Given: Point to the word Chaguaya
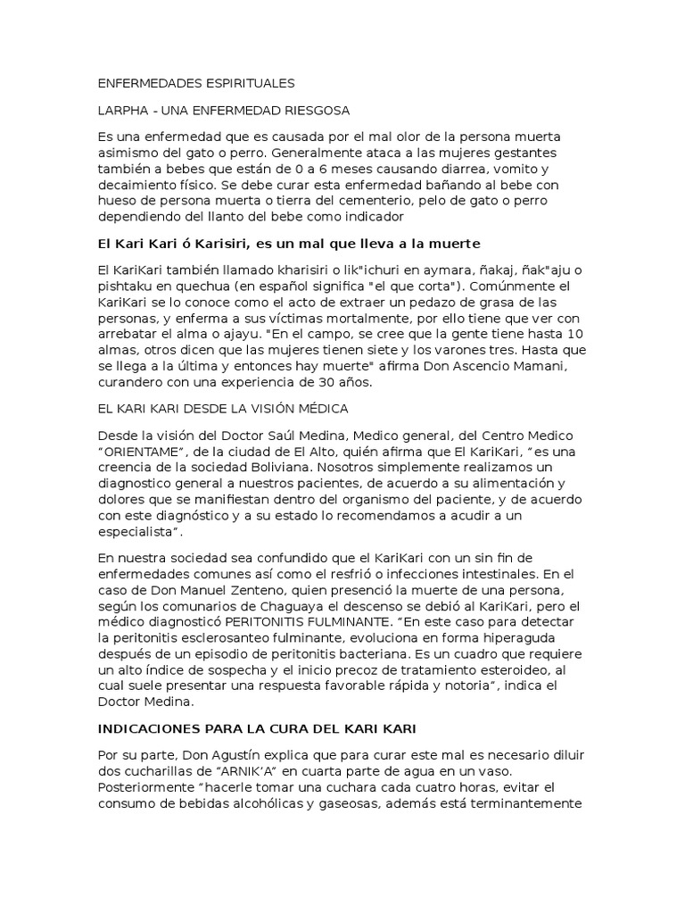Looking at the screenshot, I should point(260,607).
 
